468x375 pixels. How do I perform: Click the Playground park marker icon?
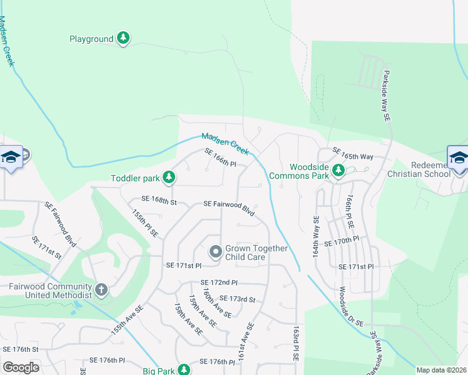coord(124,39)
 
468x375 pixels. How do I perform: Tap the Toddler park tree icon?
coord(168,178)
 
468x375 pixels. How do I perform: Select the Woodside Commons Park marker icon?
coord(338,170)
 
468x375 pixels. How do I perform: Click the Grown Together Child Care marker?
coord(215,252)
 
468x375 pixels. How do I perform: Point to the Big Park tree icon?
coord(183,369)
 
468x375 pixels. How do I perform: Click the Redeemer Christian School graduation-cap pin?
coord(458,157)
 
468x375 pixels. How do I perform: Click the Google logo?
coord(21,367)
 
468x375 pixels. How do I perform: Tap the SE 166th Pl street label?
coord(220,159)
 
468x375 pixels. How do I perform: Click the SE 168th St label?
coord(160,200)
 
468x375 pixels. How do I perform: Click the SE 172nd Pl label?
coord(219,283)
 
